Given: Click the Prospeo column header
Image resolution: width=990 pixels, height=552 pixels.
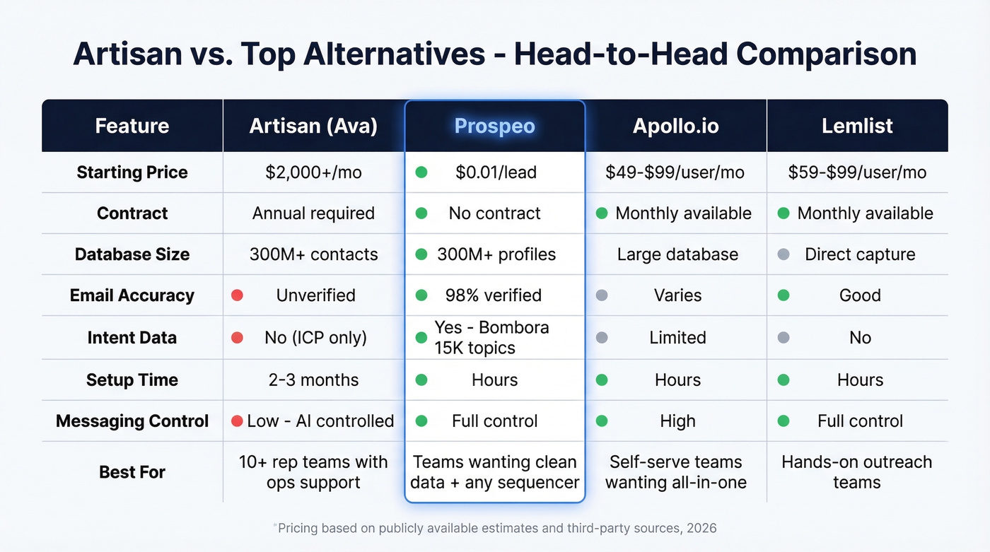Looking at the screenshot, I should click(x=494, y=126).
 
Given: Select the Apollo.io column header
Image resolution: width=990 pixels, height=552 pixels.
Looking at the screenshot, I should click(x=676, y=126).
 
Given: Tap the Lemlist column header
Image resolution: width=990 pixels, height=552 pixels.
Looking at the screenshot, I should click(x=857, y=126).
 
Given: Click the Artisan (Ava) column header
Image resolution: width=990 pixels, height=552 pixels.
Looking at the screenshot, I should click(x=313, y=126).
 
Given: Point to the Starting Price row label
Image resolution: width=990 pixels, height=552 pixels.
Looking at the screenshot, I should click(x=132, y=172).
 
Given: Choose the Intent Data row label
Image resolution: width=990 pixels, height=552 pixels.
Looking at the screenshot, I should click(x=132, y=337).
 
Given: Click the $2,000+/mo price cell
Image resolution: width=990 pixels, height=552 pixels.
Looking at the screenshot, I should click(x=313, y=172).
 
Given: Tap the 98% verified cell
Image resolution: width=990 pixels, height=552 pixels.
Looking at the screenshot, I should click(x=493, y=295).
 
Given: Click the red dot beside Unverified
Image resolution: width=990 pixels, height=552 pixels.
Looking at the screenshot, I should click(x=237, y=295).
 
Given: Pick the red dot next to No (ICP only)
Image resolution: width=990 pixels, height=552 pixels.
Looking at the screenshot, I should click(x=237, y=337).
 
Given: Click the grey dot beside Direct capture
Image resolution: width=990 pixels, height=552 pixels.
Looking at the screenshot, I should click(x=784, y=254).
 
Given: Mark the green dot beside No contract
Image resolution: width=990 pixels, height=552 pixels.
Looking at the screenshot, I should click(x=421, y=213).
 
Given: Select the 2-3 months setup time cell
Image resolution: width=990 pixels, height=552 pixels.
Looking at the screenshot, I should click(x=313, y=380).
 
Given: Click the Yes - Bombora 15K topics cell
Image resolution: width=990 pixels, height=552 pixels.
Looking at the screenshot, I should click(x=491, y=337).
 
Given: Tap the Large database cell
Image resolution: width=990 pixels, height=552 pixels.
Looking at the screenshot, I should click(x=677, y=254).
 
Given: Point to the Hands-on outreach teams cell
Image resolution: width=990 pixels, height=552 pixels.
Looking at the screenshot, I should click(x=857, y=471).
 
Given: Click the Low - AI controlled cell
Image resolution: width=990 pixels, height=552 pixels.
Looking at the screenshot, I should click(x=320, y=421).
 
